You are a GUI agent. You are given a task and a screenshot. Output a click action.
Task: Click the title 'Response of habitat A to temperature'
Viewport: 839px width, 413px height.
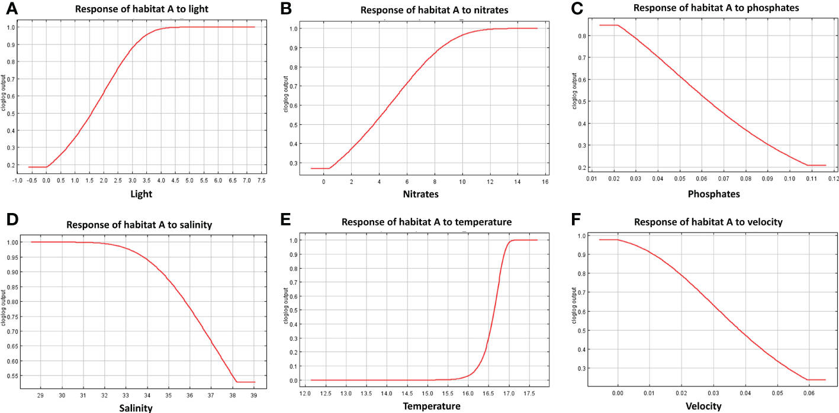coord(426,222)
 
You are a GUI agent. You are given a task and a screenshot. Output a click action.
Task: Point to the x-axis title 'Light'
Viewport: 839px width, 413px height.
coord(140,194)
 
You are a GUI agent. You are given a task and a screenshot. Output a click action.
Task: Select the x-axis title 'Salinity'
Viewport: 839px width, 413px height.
coord(136,407)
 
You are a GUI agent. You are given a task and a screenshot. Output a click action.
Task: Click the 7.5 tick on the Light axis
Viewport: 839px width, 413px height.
coord(261,180)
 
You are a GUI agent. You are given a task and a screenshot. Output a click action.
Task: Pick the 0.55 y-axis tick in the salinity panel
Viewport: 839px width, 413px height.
coord(12,376)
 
